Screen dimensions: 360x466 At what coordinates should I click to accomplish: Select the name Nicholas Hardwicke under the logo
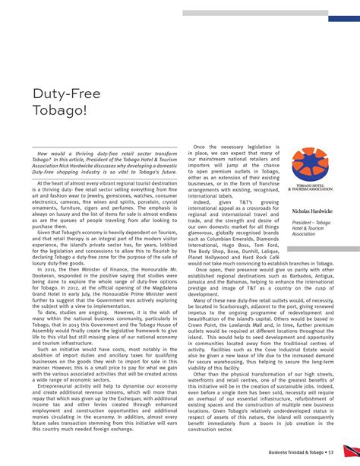313,209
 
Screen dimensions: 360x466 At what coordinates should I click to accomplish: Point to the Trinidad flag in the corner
351,451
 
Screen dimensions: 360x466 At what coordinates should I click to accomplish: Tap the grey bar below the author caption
312,240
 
